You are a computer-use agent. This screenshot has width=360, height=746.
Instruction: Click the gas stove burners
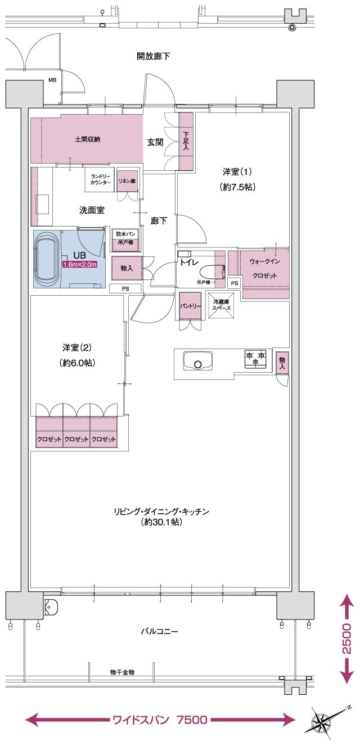[255, 358]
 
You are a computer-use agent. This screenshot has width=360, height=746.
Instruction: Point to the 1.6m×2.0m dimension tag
[80, 264]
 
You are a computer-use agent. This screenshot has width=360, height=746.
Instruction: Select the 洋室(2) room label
[77, 355]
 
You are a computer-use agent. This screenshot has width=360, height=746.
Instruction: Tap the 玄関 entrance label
[155, 143]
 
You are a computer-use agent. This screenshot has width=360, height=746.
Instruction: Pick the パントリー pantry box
[190, 306]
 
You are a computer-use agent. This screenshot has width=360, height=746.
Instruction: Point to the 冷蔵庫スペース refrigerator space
[221, 305]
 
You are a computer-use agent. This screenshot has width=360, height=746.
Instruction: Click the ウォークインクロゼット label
[264, 269]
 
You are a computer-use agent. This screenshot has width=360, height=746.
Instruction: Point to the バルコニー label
[159, 631]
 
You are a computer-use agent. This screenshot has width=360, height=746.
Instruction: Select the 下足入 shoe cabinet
[186, 141]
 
